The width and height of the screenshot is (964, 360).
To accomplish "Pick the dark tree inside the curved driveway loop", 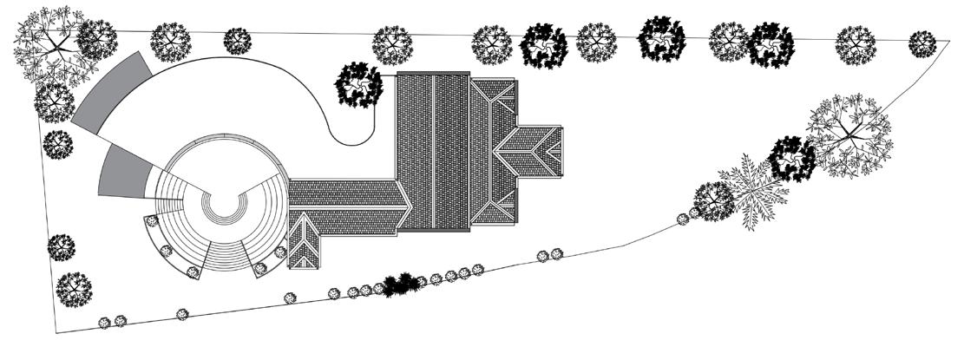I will [359, 85].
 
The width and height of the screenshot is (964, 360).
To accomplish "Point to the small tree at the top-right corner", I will [922, 43].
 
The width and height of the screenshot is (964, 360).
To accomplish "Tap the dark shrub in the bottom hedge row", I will [401, 284].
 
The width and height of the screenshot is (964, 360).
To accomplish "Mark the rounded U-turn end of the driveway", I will [351, 130].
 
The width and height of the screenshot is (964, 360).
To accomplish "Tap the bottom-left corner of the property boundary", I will [57, 332].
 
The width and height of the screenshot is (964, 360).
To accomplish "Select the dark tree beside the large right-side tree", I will [792, 159].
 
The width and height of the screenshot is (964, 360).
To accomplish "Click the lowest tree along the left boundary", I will [73, 287].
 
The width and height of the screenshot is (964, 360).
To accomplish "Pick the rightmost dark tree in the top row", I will [771, 43].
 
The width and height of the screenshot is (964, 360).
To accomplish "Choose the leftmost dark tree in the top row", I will [543, 43].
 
